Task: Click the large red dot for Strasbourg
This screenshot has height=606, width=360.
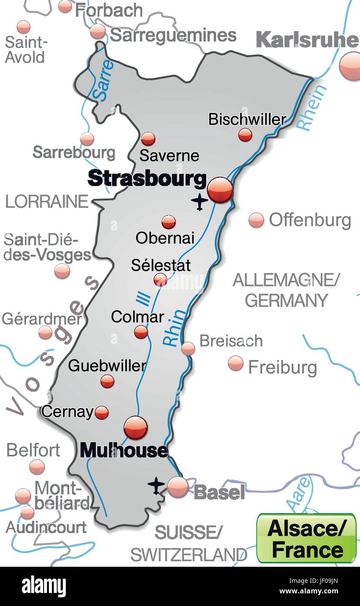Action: click(x=220, y=190)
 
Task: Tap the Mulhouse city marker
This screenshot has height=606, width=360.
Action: click(x=136, y=428)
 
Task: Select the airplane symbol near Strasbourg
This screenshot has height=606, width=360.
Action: click(x=200, y=201)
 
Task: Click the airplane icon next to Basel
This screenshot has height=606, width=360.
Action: click(x=156, y=486)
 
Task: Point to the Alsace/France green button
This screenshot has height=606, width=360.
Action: click(x=306, y=538)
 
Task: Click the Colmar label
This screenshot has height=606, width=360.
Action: click(x=137, y=317)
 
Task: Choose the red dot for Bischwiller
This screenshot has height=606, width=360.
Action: click(x=245, y=135)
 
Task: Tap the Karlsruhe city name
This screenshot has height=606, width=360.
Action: click(x=307, y=40)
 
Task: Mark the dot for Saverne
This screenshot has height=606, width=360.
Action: click(x=148, y=139)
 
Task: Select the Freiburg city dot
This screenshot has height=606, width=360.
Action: click(x=236, y=363)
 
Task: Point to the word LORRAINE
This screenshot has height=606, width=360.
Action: click(x=47, y=202)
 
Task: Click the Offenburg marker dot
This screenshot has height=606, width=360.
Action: click(x=256, y=220)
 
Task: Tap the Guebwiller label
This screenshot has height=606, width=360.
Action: click(x=107, y=365)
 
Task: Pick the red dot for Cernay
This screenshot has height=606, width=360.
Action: click(x=102, y=412)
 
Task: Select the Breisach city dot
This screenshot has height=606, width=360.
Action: click(x=188, y=348)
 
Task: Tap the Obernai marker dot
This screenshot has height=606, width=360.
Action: click(x=169, y=222)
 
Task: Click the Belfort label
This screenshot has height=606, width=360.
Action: click(x=33, y=450)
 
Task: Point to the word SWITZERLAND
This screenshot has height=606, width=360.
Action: click(x=189, y=555)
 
